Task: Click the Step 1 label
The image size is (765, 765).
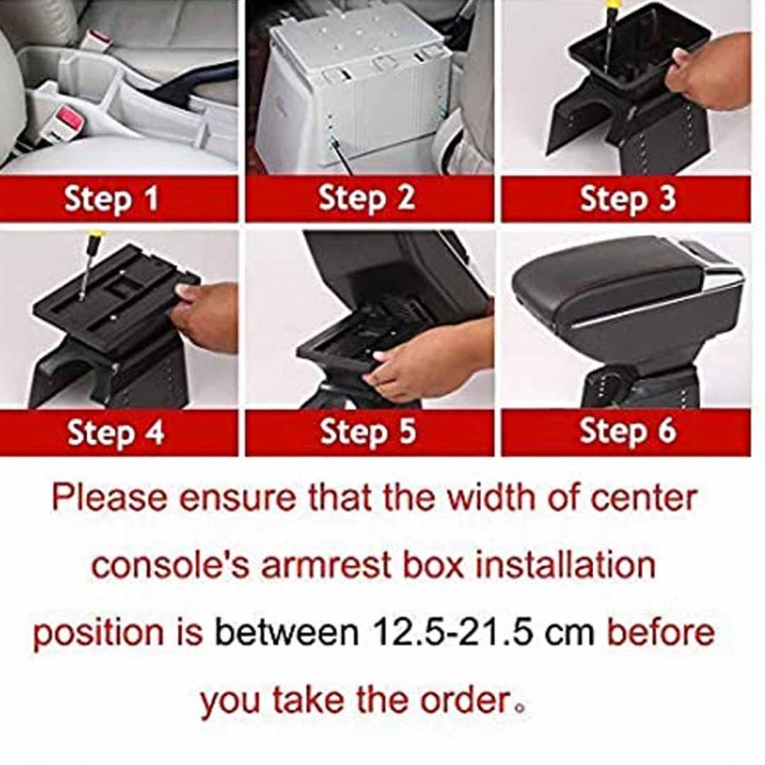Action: [112, 200]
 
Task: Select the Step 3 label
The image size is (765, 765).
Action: [627, 199]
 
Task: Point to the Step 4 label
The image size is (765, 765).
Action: [115, 432]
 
